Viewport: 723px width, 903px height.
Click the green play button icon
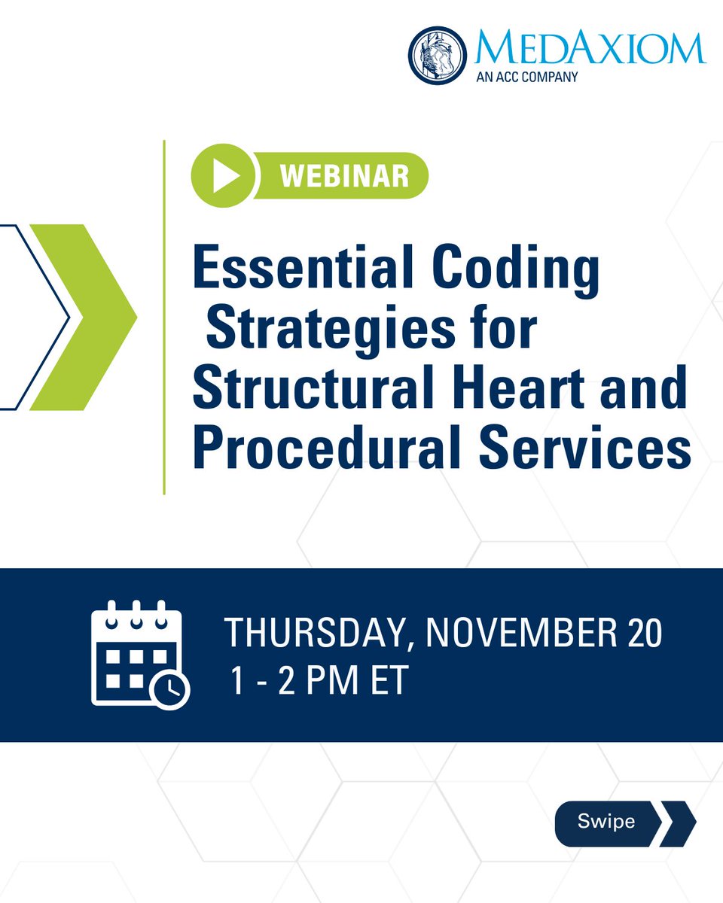pyautogui.click(x=222, y=177)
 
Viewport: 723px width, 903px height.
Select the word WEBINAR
pyautogui.click(x=345, y=177)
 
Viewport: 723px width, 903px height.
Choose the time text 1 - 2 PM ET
pyautogui.click(x=319, y=680)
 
